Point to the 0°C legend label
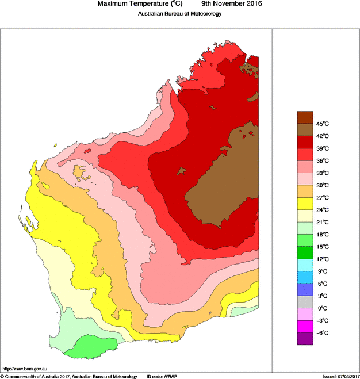click(x=322, y=308)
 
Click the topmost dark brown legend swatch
click(x=305, y=117)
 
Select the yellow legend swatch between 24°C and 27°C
click(x=305, y=204)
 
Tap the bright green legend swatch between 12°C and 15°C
click(x=305, y=252)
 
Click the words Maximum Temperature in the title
click(x=136, y=4)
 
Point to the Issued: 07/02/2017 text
click(x=340, y=376)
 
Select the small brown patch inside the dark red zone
click(x=183, y=170)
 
